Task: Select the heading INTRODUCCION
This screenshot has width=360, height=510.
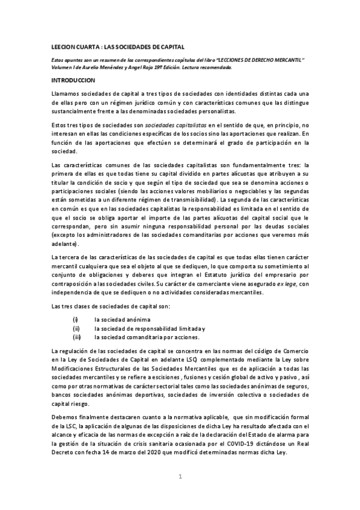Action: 73,79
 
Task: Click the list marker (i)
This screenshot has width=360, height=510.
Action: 75,319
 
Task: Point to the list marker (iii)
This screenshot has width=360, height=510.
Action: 76,337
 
